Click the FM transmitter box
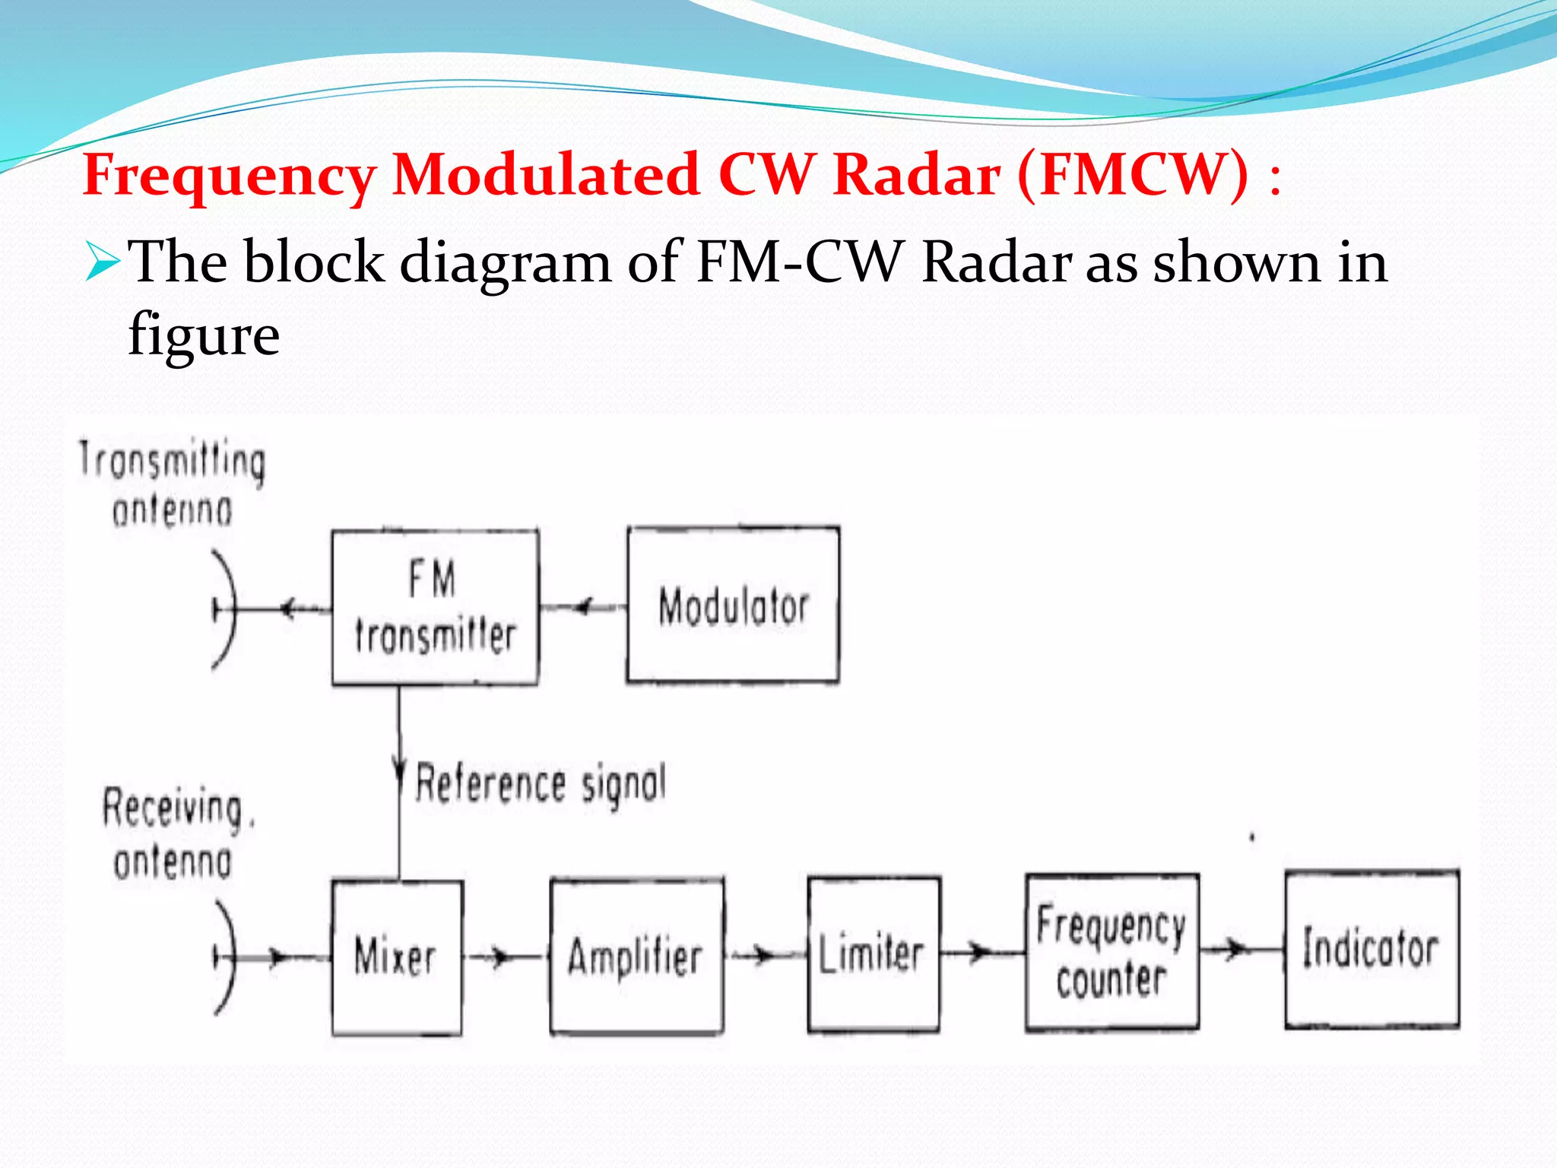[435, 607]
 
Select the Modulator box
[733, 605]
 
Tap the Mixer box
[396, 957]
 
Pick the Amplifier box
[636, 957]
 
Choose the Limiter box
[873, 955]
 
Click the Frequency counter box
[1111, 952]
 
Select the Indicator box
[1371, 949]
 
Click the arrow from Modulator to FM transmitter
[583, 607]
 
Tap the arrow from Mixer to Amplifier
[499, 957]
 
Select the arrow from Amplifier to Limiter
[763, 955]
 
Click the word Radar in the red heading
[915, 175]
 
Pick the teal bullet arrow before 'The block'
[102, 262]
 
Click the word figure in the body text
[204, 335]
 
